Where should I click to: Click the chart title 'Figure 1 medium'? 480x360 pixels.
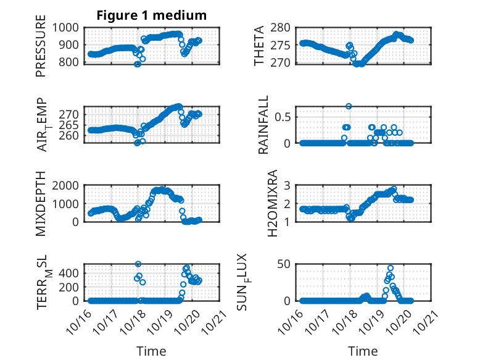pyautogui.click(x=151, y=15)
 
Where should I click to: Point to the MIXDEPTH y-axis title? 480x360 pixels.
pyautogui.click(x=41, y=203)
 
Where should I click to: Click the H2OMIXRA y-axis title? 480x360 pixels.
pyautogui.click(x=260, y=203)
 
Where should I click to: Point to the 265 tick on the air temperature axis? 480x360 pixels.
pyautogui.click(x=70, y=125)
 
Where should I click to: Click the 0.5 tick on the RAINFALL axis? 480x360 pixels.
pyautogui.click(x=282, y=117)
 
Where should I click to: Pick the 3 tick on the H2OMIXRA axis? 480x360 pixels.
pyautogui.click(x=286, y=185)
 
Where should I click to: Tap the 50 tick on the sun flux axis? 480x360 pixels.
pyautogui.click(x=284, y=265)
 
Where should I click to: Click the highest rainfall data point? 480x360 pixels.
pyautogui.click(x=349, y=106)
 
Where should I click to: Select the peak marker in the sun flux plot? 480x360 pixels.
pyautogui.click(x=391, y=268)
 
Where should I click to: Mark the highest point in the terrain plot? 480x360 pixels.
pyautogui.click(x=138, y=264)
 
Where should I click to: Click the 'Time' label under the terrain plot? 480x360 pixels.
pyautogui.click(x=151, y=351)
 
